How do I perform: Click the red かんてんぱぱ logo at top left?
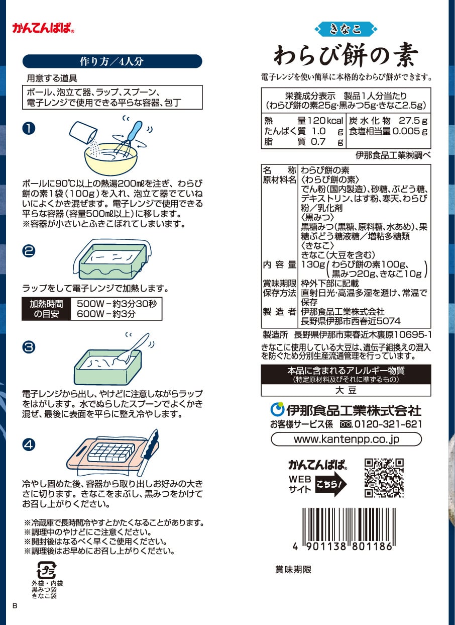tap(43, 28)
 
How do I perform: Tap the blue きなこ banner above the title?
tap(346, 29)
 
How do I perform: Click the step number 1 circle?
tap(29, 129)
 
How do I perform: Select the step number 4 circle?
tap(29, 444)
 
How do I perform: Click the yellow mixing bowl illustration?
tap(111, 159)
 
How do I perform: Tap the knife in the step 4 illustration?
tap(148, 452)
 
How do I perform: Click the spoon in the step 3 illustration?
tap(133, 349)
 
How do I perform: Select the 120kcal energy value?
tap(325, 121)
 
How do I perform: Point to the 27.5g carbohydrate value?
tap(413, 121)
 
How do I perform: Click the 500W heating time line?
tap(117, 304)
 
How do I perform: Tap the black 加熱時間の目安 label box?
tap(46, 309)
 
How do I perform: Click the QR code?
tap(384, 478)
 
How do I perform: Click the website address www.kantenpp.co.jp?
tap(347, 439)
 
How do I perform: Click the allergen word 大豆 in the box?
tap(346, 390)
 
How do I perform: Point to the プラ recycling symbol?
tap(47, 570)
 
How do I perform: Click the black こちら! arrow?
tap(331, 484)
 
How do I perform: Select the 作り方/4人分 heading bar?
tap(112, 61)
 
